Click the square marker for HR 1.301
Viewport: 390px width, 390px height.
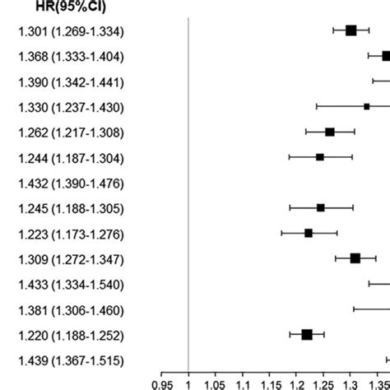coord(351,30)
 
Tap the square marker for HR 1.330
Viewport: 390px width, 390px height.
coord(366,106)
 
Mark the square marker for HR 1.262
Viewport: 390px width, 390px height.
coord(330,132)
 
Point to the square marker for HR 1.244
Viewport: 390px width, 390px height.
coord(320,156)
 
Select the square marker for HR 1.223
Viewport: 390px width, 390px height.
coord(309,233)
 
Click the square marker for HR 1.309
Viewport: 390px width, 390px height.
coord(355,258)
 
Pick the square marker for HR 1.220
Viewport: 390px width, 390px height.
coord(307,334)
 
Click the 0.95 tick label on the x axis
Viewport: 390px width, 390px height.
coord(162,383)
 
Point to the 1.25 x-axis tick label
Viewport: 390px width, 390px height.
coord(323,383)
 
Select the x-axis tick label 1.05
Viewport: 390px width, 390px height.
coord(216,383)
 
